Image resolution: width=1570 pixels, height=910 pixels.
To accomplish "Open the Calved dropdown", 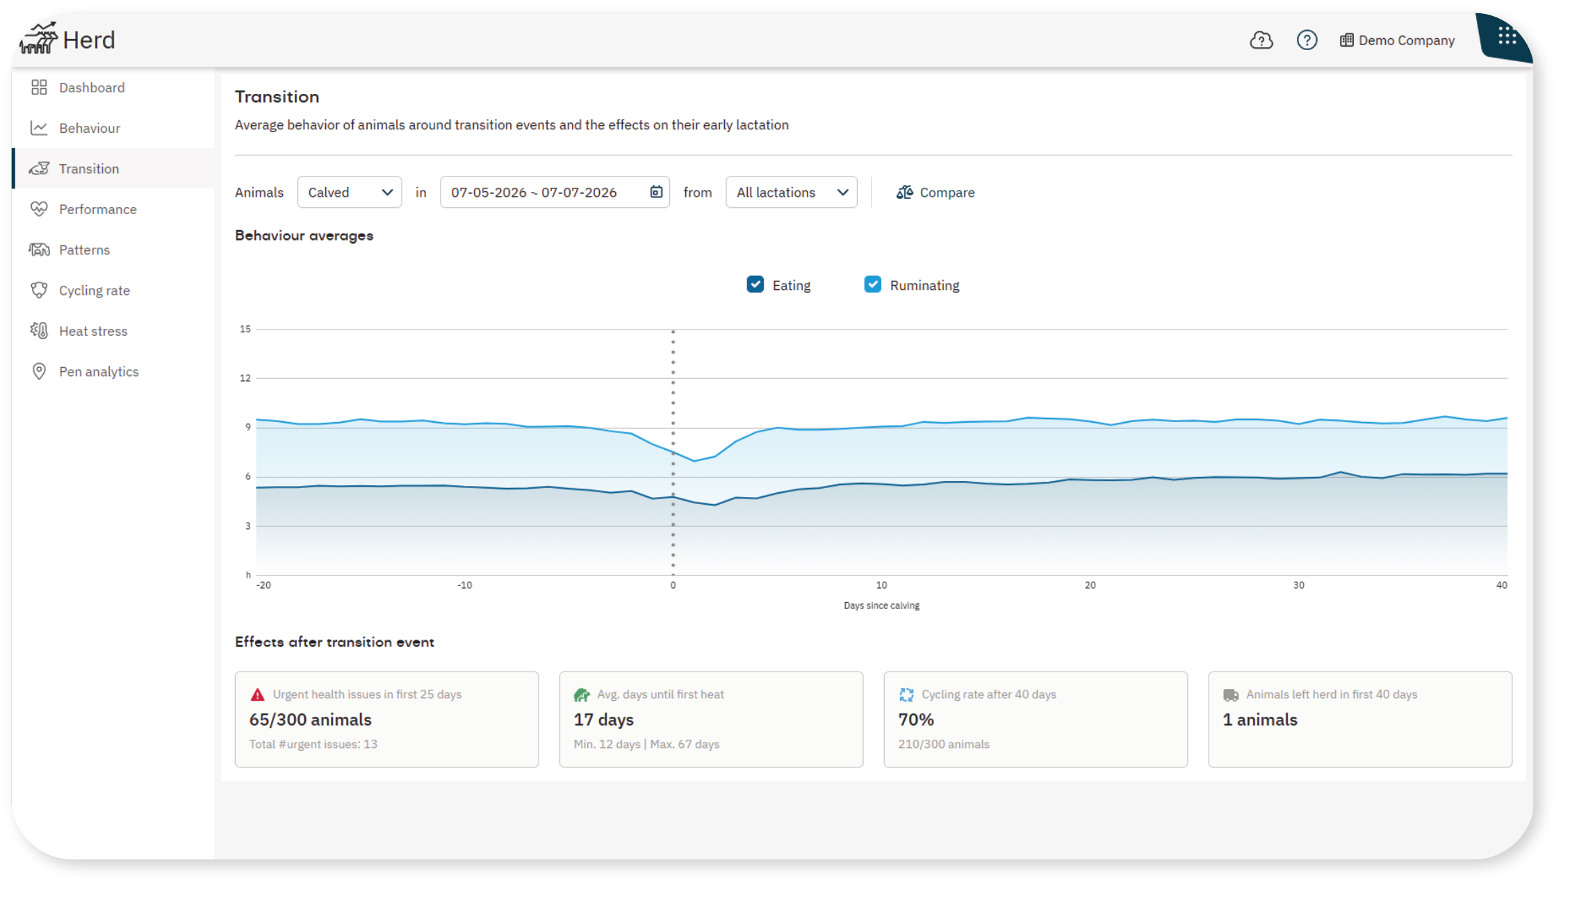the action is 350,193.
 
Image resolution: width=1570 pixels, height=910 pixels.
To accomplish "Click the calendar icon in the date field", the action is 656,192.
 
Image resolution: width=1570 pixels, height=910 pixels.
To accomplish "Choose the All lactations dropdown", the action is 792,193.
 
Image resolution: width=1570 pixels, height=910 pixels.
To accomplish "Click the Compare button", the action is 935,193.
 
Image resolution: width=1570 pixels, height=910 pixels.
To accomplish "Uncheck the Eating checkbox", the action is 755,284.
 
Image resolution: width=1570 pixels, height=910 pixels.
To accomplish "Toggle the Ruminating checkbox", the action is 873,284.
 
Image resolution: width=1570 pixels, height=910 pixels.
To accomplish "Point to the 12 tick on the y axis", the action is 245,378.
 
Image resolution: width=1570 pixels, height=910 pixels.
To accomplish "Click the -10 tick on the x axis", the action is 465,585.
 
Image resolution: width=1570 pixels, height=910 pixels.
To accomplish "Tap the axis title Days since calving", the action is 881,606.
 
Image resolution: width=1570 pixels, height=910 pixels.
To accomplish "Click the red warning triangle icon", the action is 258,694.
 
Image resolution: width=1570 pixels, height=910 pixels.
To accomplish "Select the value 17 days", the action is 604,720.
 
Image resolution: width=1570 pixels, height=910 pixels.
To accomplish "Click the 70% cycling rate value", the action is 916,720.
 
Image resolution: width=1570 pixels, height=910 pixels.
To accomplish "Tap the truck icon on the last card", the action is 1231,695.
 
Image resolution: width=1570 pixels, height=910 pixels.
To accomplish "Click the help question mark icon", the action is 1307,40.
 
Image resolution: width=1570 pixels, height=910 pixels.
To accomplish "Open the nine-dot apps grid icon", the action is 1507,35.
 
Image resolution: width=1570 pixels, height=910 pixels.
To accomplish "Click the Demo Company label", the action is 1407,40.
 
